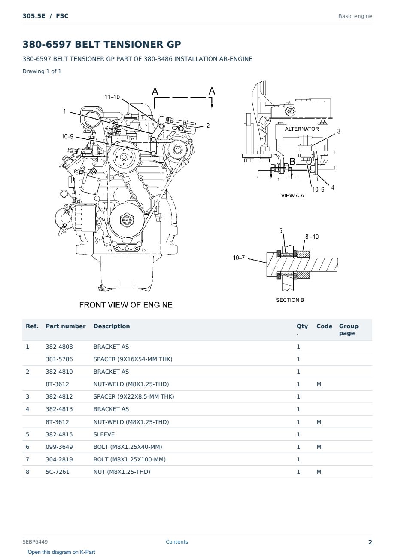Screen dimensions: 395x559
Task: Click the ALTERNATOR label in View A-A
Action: [301, 129]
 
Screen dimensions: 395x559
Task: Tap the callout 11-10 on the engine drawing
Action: [112, 97]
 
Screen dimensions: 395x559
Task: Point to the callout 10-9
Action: [67, 136]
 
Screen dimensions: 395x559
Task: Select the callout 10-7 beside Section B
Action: [239, 258]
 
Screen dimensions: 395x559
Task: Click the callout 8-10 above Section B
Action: [312, 236]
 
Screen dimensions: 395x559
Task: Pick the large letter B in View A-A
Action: [292, 161]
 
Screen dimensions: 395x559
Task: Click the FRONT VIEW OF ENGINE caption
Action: [126, 305]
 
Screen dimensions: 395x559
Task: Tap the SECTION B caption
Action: [290, 300]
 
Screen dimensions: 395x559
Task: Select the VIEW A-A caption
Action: [292, 195]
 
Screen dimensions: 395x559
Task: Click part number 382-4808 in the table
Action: [59, 347]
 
